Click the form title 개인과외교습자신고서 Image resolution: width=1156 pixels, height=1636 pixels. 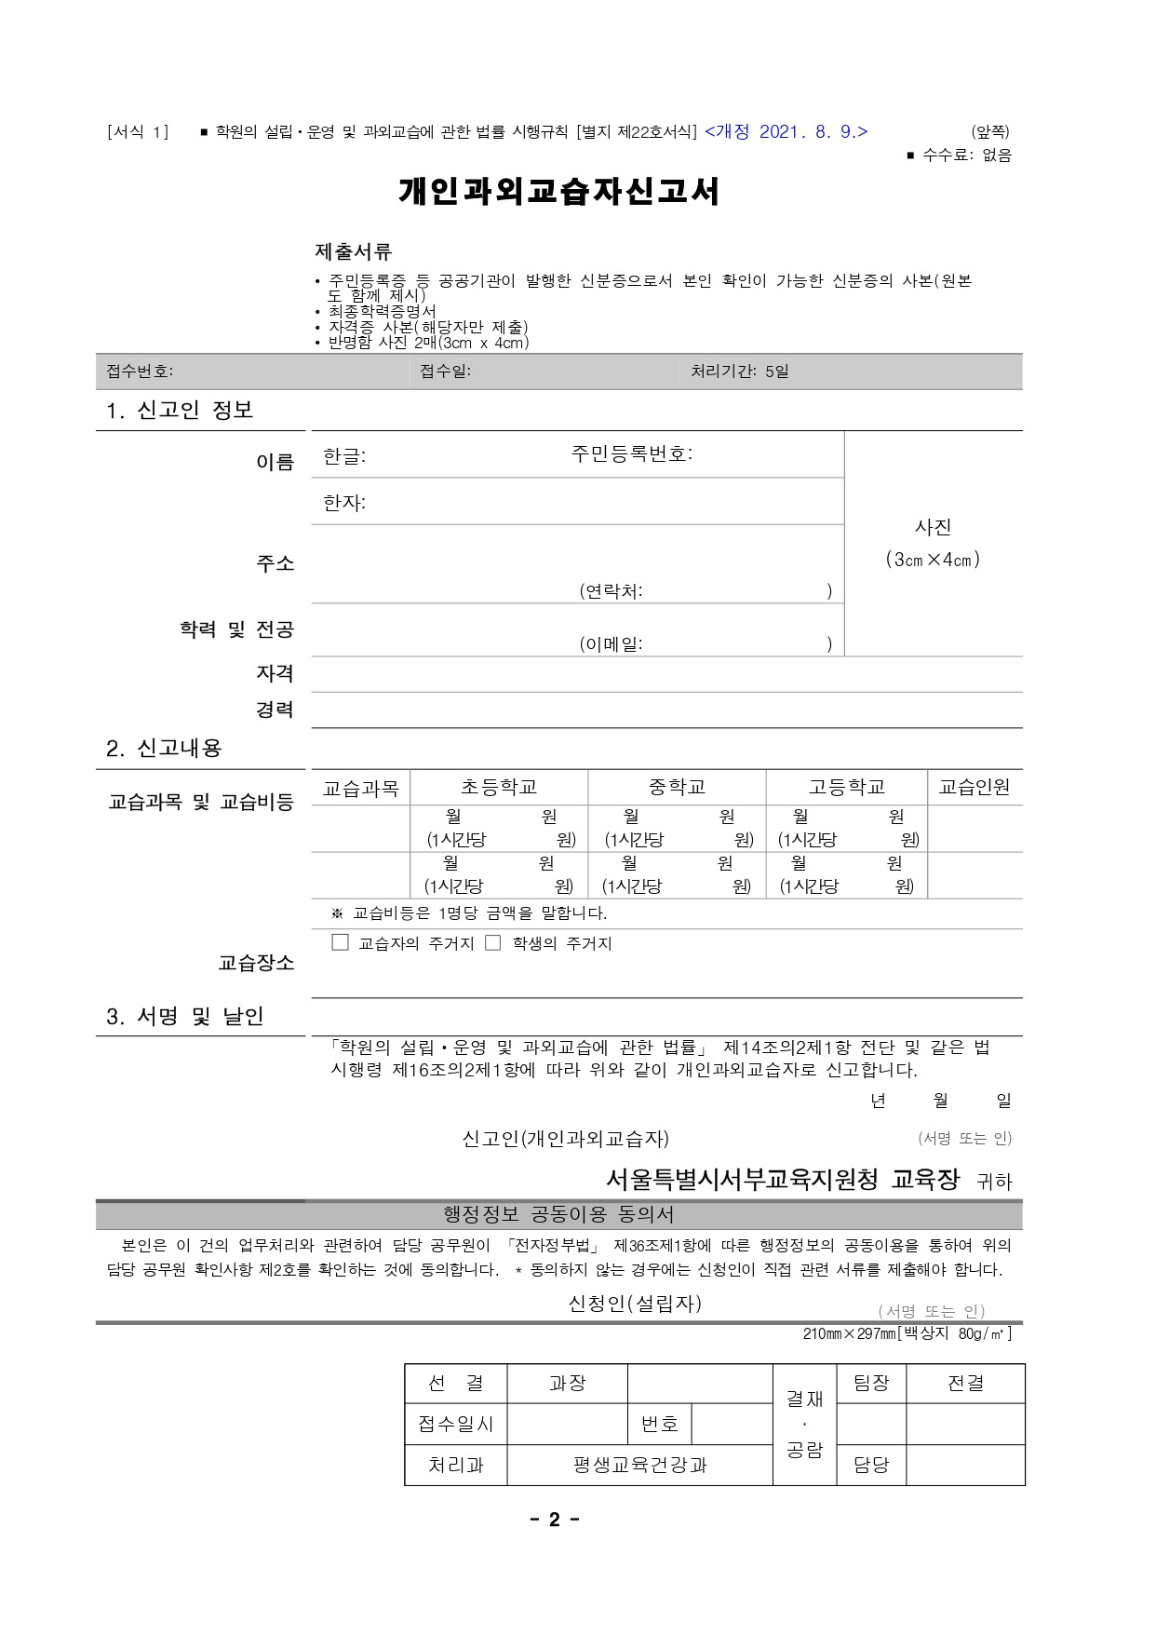pyautogui.click(x=558, y=192)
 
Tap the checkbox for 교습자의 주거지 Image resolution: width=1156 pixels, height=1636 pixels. pyautogui.click(x=341, y=942)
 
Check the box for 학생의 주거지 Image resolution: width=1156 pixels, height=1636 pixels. pyautogui.click(x=493, y=942)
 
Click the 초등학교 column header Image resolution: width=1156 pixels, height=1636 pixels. pyautogui.click(x=499, y=788)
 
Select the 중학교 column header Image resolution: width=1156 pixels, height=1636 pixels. pyautogui.click(x=677, y=788)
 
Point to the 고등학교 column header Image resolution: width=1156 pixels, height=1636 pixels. pyautogui.click(x=846, y=788)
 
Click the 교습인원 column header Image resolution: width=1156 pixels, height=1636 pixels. pyautogui.click(x=975, y=788)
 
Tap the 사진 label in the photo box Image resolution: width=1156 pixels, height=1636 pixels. pyautogui.click(x=933, y=527)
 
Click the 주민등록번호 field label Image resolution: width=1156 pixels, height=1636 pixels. pyautogui.click(x=631, y=454)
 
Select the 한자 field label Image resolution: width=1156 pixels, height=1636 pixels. pyautogui.click(x=343, y=503)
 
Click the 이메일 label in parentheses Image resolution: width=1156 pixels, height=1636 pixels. pyautogui.click(x=612, y=643)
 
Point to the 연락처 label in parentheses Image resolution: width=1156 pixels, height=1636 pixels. pyautogui.click(x=612, y=590)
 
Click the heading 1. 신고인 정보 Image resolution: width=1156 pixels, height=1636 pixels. pyautogui.click(x=180, y=411)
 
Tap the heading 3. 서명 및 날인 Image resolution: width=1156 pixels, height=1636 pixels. pyautogui.click(x=185, y=1017)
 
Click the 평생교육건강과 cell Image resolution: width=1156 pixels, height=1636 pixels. pyautogui.click(x=639, y=1465)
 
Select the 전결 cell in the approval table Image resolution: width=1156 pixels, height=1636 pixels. pyautogui.click(x=965, y=1384)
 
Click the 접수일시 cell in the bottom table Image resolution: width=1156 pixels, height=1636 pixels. pyautogui.click(x=456, y=1424)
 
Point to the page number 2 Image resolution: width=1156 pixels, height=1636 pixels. pyautogui.click(x=555, y=1521)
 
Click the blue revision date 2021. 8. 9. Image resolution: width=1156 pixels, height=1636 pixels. pyautogui.click(x=786, y=132)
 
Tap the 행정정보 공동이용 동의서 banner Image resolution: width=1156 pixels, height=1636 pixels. pyautogui.click(x=558, y=1214)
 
